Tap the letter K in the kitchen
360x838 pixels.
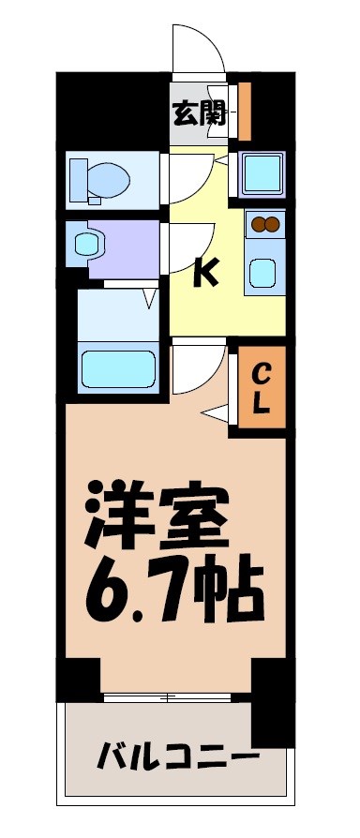[205, 273]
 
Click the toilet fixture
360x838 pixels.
[93, 178]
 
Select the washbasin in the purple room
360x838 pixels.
[87, 244]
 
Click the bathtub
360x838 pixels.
[118, 369]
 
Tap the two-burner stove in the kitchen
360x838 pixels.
[264, 225]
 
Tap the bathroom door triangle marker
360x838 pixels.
[149, 299]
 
